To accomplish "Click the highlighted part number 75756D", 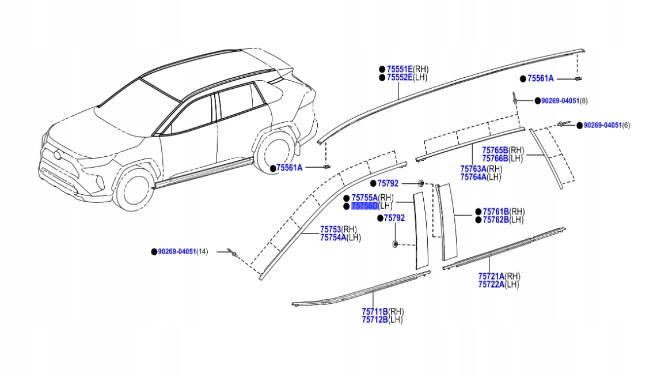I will tap(364, 206).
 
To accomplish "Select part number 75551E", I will tap(400, 69).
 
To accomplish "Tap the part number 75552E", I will tap(400, 77).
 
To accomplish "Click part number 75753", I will tap(331, 229).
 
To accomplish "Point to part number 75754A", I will tap(333, 237).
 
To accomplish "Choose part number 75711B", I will tap(374, 312).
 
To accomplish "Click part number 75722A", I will tap(491, 284).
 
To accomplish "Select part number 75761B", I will tap(496, 212).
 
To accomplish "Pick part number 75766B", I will tap(495, 158).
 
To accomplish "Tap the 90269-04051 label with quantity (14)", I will tap(177, 252).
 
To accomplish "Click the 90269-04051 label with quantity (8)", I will tap(560, 101).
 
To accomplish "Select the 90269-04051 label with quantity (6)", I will tap(602, 125).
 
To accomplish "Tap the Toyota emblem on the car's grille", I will tap(56, 154).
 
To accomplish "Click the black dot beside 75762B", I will tap(478, 220).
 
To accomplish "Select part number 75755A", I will tap(364, 197).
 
